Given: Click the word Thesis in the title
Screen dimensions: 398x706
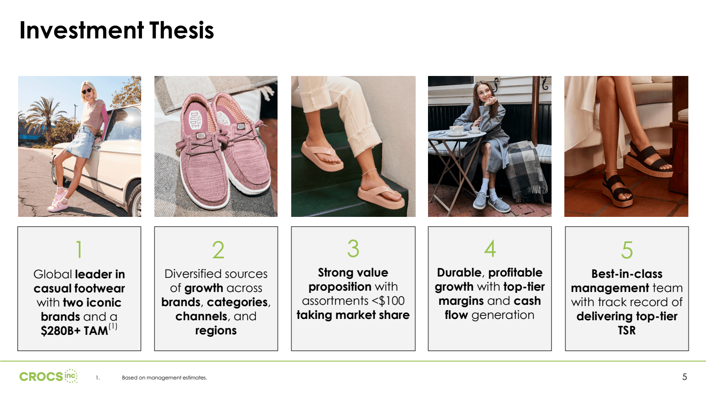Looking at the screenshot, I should click(181, 30).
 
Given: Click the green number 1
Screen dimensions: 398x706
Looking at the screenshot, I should click(79, 250).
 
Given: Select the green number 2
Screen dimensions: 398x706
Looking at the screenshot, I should click(218, 250).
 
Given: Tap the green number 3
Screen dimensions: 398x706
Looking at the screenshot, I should click(353, 249).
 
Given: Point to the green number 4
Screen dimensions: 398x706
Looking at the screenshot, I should click(490, 249).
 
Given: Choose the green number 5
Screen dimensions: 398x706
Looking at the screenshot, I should click(627, 250).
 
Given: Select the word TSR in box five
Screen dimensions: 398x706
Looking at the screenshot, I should click(627, 330).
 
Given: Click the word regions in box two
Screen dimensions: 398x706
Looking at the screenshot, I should click(216, 330).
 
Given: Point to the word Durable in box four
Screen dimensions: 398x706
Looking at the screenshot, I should click(459, 273).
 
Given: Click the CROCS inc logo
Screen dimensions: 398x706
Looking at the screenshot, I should click(48, 376).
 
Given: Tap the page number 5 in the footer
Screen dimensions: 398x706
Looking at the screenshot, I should click(684, 377).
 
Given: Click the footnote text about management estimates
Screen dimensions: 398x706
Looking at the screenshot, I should click(164, 378).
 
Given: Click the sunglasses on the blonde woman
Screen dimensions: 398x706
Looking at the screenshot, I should click(86, 91).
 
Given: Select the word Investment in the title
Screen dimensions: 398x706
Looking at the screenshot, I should click(82, 30).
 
